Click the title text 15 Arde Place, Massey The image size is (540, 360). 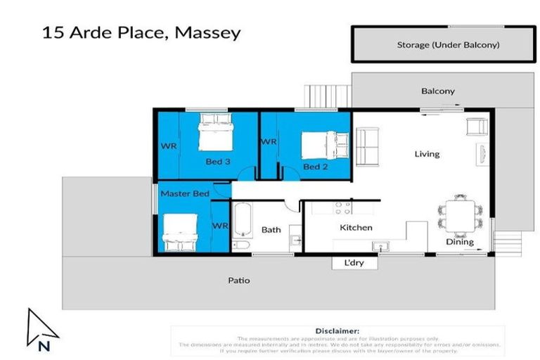pos(141,32)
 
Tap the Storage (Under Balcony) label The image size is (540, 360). pos(448,45)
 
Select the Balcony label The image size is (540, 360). pos(438,91)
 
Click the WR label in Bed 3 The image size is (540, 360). pos(168,146)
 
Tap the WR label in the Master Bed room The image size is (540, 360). pos(220,226)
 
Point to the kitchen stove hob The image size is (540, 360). pos(342,207)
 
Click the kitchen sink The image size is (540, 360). pos(382,247)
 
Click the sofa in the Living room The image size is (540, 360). pos(367,145)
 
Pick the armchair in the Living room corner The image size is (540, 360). pos(477,127)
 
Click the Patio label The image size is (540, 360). pos(238,281)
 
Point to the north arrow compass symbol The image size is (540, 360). pos(39,329)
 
